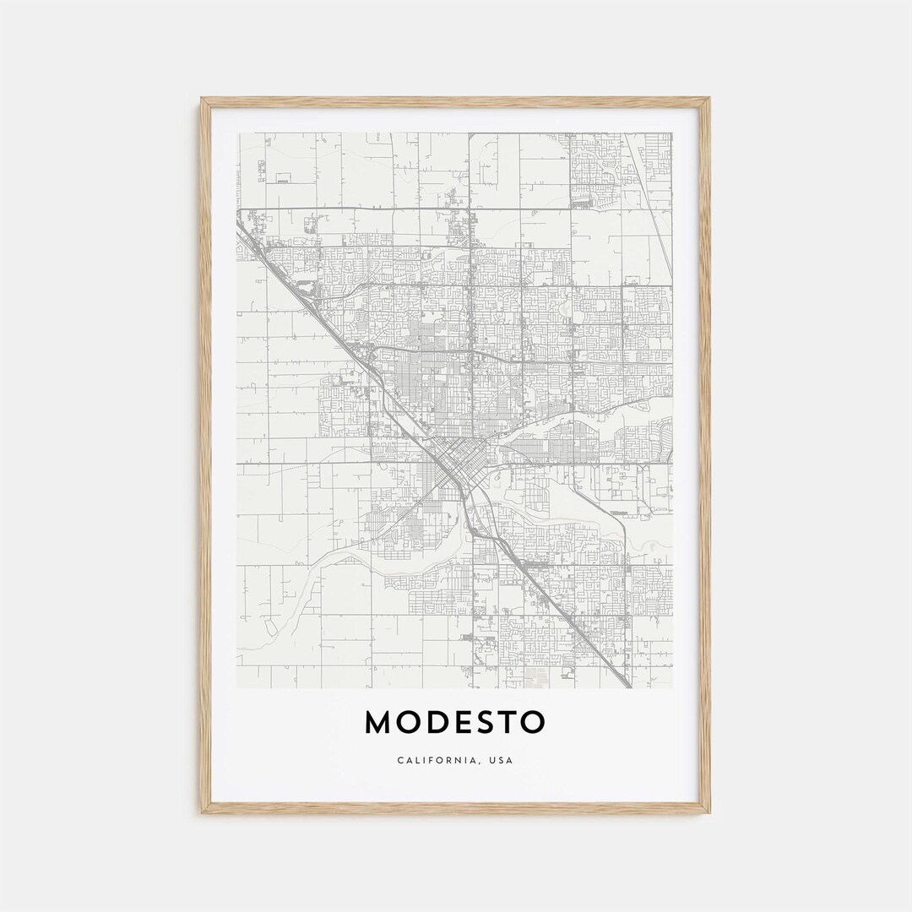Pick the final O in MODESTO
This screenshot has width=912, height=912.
point(534,723)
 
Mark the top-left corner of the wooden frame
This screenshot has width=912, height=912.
point(202,99)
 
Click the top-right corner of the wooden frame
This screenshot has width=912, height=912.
point(709,99)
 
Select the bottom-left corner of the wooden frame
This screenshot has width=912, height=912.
point(202,812)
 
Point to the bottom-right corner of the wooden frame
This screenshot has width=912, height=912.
point(709,812)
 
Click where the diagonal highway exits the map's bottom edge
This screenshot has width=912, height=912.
point(627,685)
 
